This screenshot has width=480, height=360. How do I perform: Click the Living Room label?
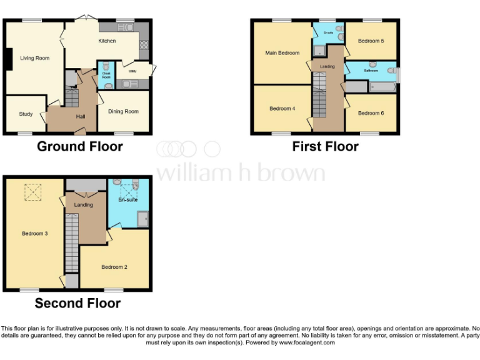(34, 59)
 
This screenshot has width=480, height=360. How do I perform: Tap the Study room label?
(26, 114)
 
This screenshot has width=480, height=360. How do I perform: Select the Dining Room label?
(123, 112)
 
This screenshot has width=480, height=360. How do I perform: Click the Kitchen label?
(107, 41)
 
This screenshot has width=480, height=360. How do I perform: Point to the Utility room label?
(132, 71)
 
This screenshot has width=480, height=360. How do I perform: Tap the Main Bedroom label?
(282, 53)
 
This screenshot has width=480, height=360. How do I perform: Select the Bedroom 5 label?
(371, 41)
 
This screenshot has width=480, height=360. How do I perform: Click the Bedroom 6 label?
(371, 113)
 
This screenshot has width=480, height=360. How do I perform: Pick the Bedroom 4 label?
(282, 109)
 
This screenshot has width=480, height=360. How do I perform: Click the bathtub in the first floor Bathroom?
(382, 87)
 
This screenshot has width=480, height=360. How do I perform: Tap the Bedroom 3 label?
(34, 234)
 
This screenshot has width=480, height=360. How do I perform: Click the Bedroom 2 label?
(114, 267)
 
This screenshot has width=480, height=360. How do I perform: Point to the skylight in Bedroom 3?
(32, 192)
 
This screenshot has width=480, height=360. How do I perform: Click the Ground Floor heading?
(80, 147)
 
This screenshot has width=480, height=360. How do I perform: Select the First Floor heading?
(325, 147)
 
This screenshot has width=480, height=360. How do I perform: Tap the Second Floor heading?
(77, 304)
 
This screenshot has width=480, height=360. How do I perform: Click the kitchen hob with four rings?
(144, 44)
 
